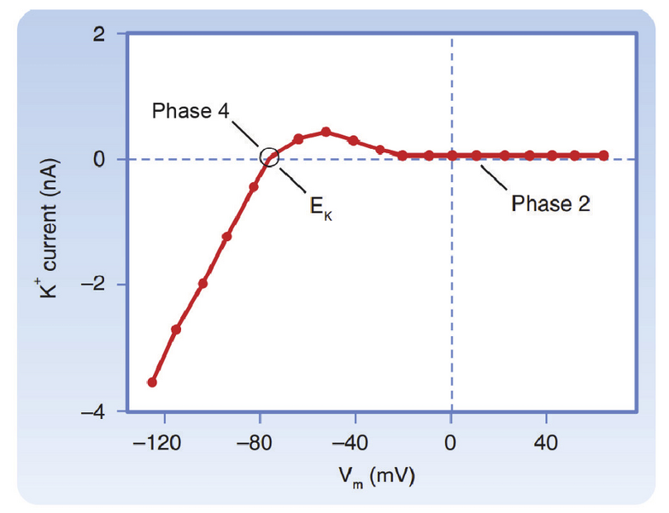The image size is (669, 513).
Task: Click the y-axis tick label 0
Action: (x=100, y=159)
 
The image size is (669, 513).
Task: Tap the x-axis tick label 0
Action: (x=451, y=443)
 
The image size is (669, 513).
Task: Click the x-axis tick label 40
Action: (x=546, y=443)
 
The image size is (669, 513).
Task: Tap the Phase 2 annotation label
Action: (x=550, y=203)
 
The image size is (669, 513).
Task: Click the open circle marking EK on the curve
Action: (x=270, y=157)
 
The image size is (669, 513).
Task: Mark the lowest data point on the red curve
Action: (x=152, y=382)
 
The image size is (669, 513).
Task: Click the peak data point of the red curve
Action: (x=326, y=132)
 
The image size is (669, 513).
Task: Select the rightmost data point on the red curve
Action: (x=604, y=156)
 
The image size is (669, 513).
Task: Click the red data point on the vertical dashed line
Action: (x=452, y=156)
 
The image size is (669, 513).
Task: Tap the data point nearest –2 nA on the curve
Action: (x=202, y=283)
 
